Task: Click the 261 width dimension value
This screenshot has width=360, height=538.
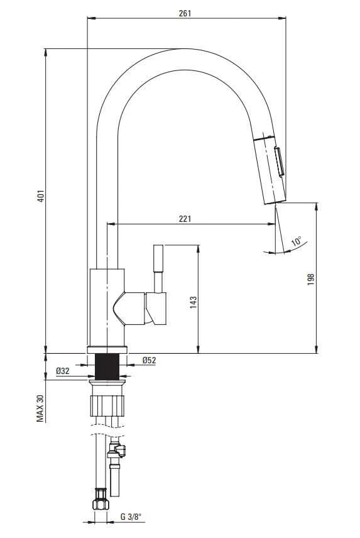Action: pos(185,13)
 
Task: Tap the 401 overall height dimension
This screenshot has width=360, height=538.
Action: pos(41,195)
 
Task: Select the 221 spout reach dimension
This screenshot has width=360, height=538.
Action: pos(185,219)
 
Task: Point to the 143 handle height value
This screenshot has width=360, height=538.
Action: pos(193,303)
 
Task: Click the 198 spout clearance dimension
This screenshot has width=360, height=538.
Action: pos(310,280)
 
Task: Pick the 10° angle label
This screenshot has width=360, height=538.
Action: pos(297,241)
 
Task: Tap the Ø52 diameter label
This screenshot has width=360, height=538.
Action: pos(149,360)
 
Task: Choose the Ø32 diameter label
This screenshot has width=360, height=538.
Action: pos(63,371)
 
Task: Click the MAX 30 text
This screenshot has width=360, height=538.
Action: pos(40,409)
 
